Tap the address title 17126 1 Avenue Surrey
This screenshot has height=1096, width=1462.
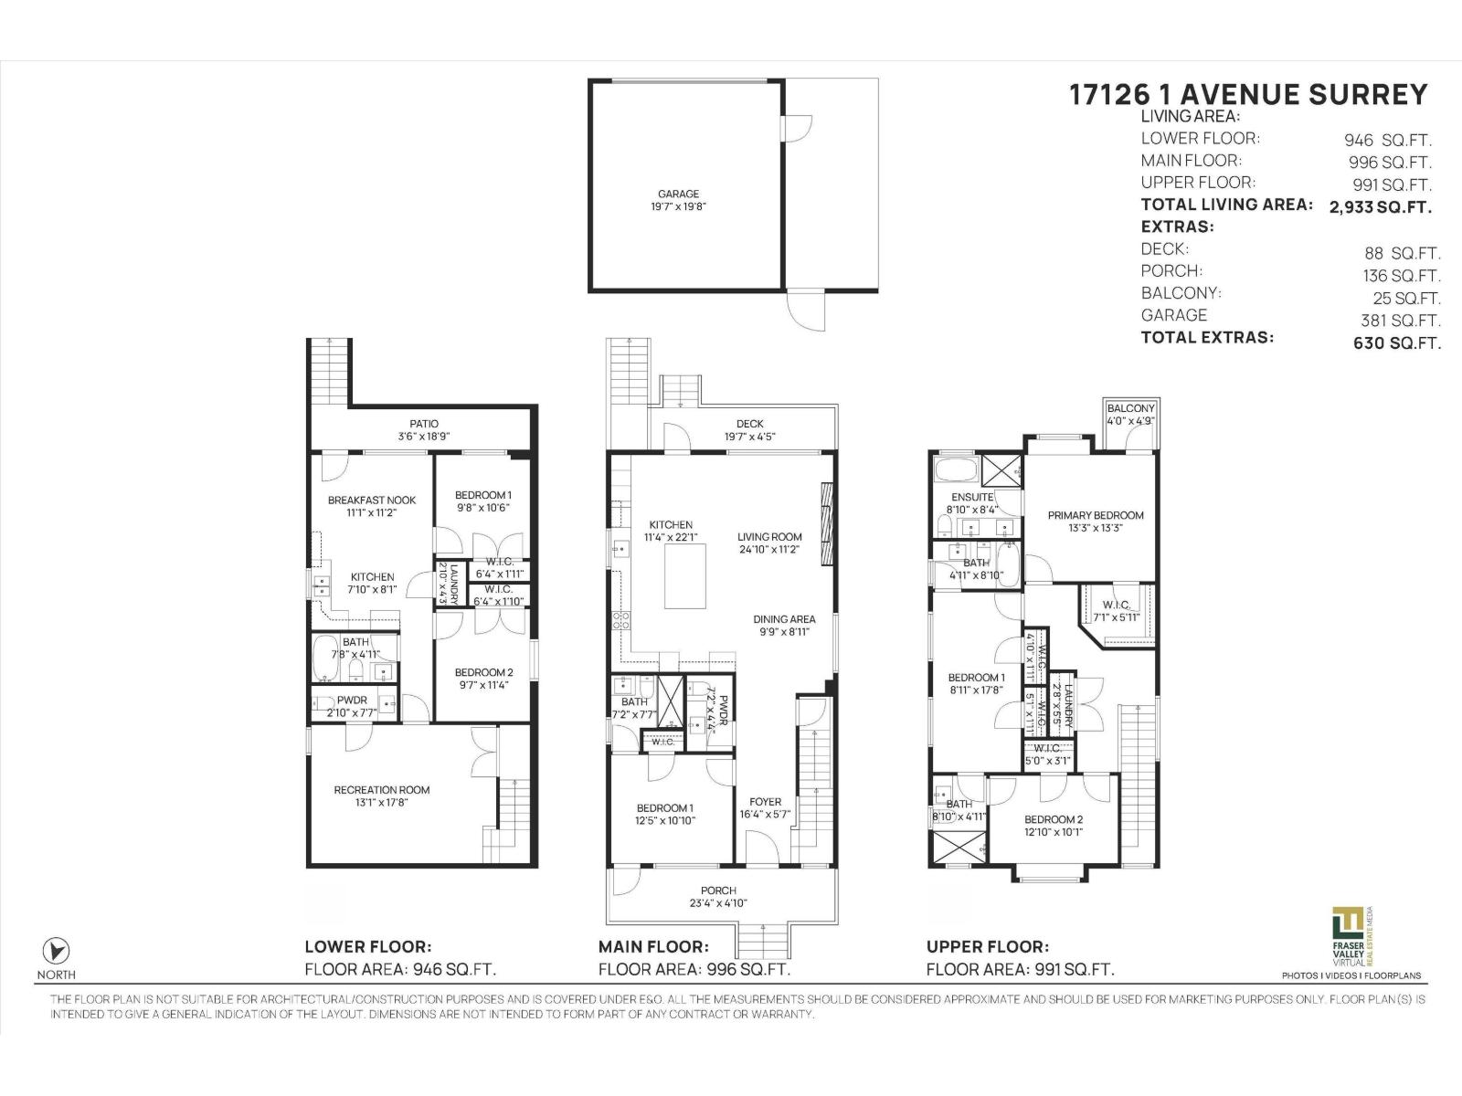click(1248, 95)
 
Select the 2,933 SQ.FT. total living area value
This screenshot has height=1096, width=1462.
click(1380, 207)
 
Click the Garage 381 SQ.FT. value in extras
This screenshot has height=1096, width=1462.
click(1400, 321)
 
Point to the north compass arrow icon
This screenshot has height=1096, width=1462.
click(57, 949)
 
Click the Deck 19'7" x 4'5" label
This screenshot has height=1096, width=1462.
click(749, 429)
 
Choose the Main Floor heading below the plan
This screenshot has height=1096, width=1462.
click(653, 947)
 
